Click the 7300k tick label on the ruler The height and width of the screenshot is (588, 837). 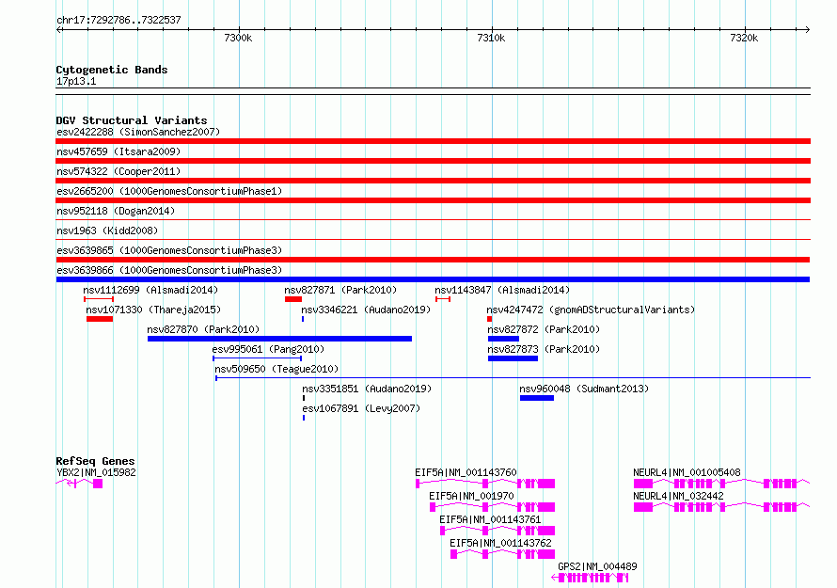click(x=238, y=38)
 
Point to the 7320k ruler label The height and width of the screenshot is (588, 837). click(x=744, y=38)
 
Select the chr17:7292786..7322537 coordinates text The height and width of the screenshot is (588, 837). click(x=118, y=20)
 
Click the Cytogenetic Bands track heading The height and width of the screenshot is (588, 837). click(x=112, y=70)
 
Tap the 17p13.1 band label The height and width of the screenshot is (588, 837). click(x=76, y=81)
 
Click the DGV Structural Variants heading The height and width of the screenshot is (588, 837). click(x=132, y=120)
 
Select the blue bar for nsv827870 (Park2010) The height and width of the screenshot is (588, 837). click(x=279, y=339)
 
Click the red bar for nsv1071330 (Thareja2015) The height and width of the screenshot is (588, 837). click(x=100, y=319)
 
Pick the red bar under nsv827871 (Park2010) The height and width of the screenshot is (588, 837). click(x=293, y=299)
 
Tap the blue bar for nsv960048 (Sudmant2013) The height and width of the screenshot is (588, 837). click(x=537, y=398)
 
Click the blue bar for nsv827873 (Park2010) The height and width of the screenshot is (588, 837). click(x=513, y=358)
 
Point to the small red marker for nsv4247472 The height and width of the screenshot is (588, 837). click(x=489, y=319)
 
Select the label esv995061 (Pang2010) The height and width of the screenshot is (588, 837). click(x=268, y=349)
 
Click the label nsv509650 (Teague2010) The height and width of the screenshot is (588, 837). click(x=276, y=369)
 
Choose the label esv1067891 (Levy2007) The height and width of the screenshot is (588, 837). click(x=361, y=408)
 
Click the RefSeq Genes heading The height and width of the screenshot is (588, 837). click(x=95, y=461)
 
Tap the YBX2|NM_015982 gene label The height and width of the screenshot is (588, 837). click(x=96, y=472)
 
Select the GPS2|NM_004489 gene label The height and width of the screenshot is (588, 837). click(x=597, y=566)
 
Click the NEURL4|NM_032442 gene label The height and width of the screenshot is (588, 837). click(x=678, y=496)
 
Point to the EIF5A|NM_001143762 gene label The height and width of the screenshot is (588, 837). click(x=500, y=543)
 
